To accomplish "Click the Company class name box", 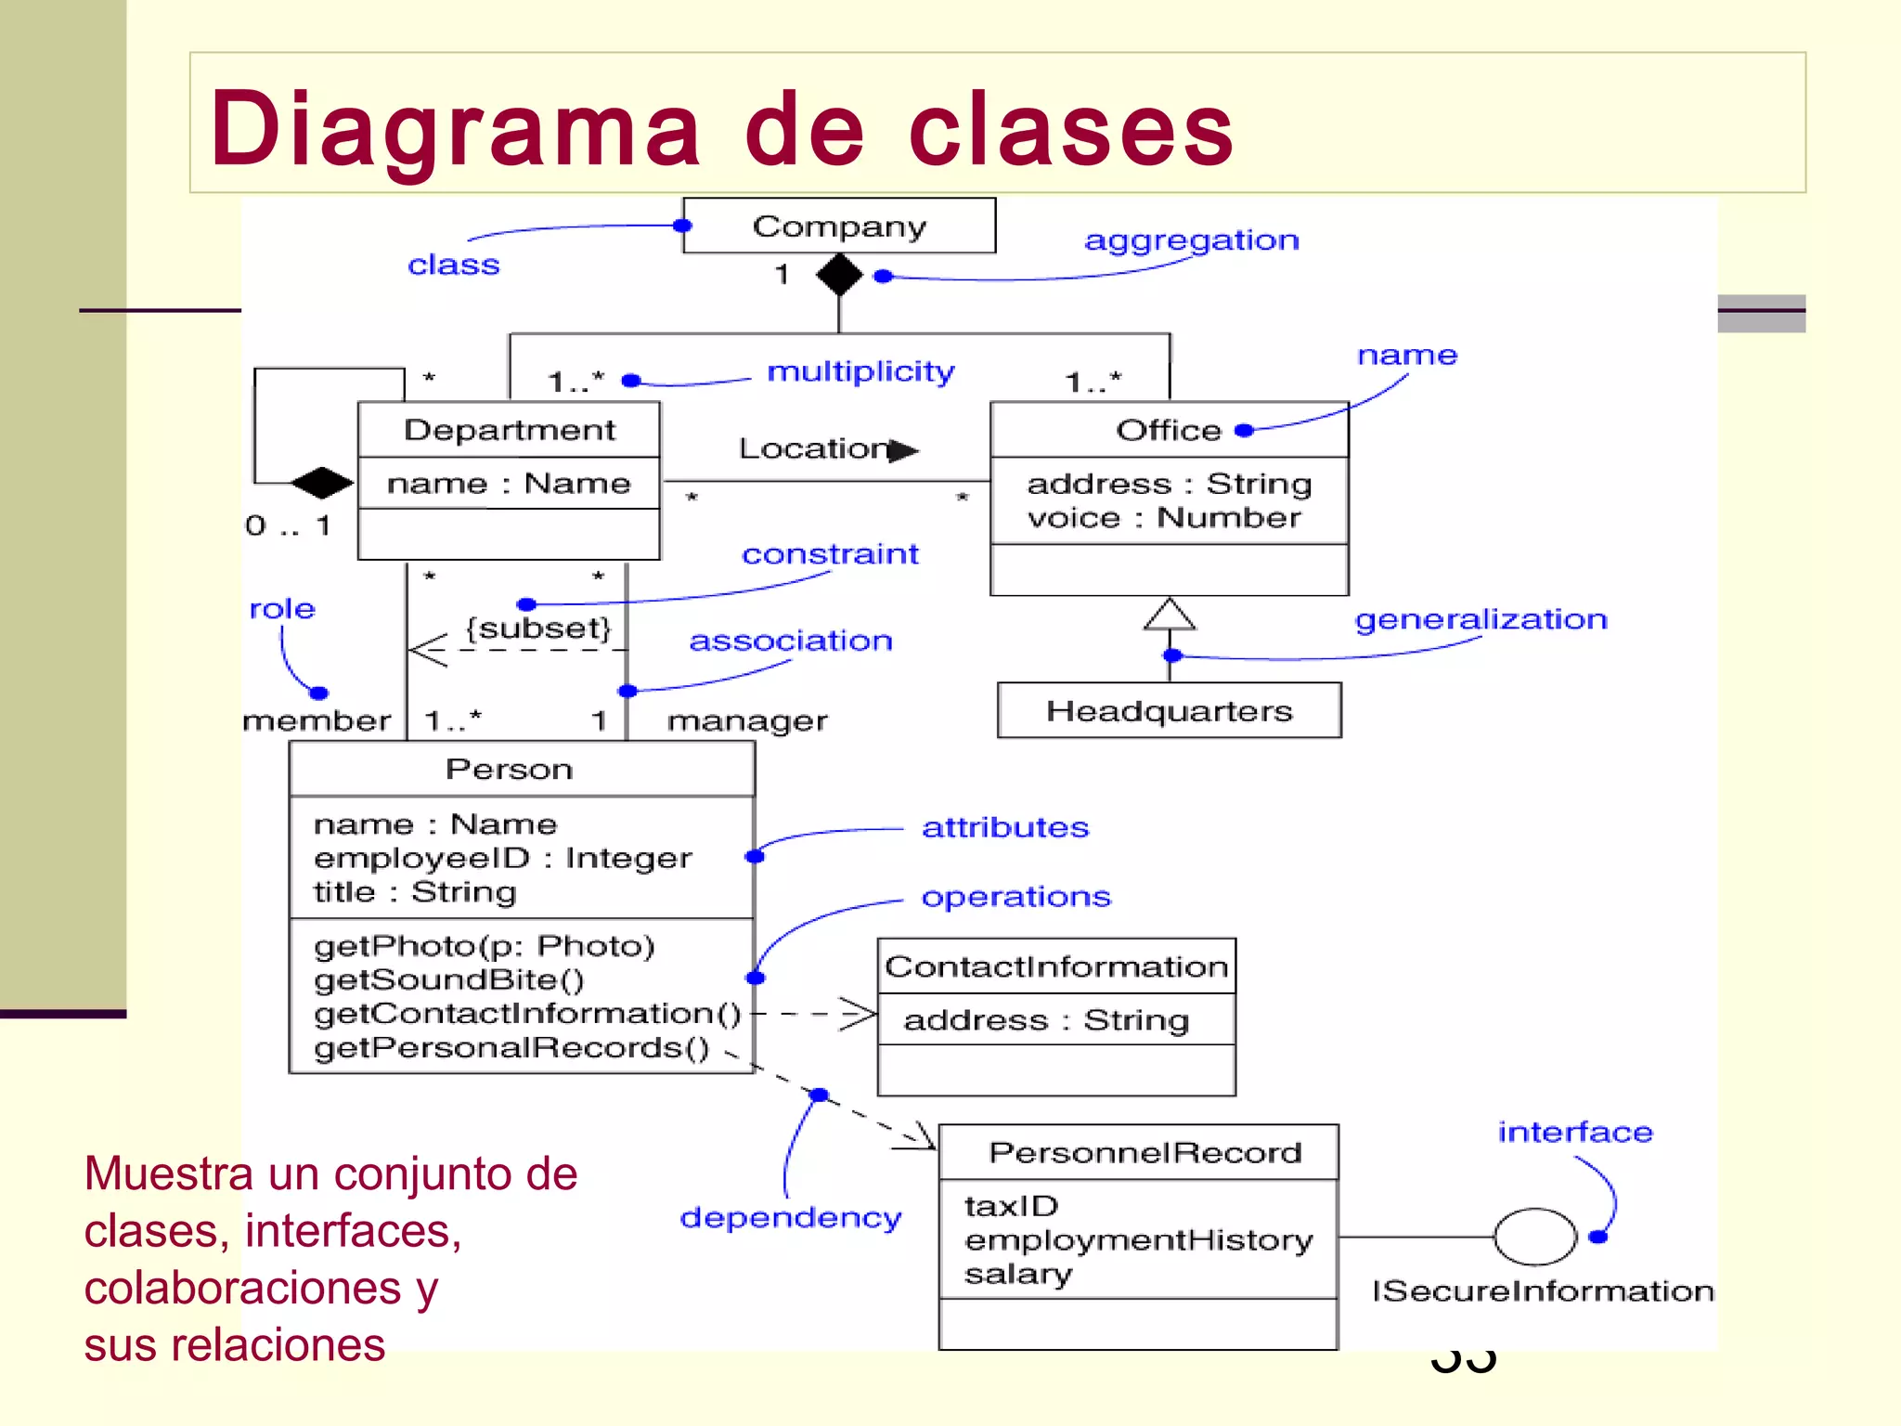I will point(839,226).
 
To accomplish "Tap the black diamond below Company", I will point(839,275).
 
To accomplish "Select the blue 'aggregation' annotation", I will point(1191,240).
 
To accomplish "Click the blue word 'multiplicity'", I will point(860,371).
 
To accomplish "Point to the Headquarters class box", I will point(1169,711).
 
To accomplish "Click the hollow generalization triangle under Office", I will point(1169,615).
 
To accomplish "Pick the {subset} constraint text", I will point(538,629).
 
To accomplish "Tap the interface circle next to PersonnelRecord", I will point(1534,1237).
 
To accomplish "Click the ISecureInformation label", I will point(1542,1291).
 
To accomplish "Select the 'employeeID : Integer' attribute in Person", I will point(502,858).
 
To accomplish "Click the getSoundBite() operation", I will point(449,979).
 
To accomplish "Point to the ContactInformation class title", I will point(1056,966).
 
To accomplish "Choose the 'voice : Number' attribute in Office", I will point(1164,518).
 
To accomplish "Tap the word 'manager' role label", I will point(747,721).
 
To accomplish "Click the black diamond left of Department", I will point(321,483).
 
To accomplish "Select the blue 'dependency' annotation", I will point(790,1217).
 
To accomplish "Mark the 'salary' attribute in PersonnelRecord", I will point(1017,1274).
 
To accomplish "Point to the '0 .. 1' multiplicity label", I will point(288,525).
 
